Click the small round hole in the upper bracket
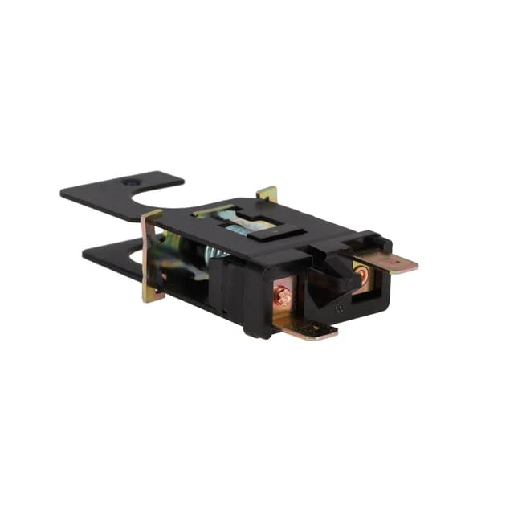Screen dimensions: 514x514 (130, 183)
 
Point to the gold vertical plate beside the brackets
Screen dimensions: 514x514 (152, 257)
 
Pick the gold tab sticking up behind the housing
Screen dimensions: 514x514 (267, 194)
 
